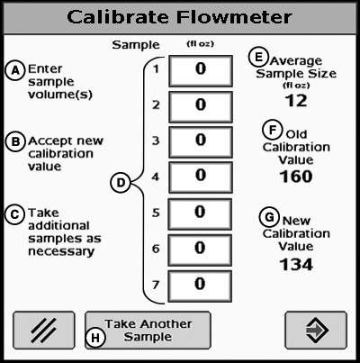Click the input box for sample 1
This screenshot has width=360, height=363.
pyautogui.click(x=201, y=71)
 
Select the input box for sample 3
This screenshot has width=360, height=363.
pyautogui.click(x=201, y=142)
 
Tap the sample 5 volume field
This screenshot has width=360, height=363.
pyautogui.click(x=200, y=214)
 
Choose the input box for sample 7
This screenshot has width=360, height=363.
pyautogui.click(x=200, y=286)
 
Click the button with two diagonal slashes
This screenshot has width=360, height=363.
pyautogui.click(x=44, y=331)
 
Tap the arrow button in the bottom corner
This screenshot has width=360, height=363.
pyautogui.click(x=316, y=331)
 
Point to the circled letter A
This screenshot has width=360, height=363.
pyautogui.click(x=14, y=70)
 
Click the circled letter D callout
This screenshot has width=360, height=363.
pyautogui.click(x=121, y=183)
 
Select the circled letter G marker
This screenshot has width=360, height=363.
pyautogui.click(x=269, y=217)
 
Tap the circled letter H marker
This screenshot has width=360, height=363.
pyautogui.click(x=95, y=338)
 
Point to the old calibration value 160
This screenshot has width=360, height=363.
pyautogui.click(x=296, y=177)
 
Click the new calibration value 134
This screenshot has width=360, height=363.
pyautogui.click(x=296, y=265)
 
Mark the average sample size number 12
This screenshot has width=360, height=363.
pyautogui.click(x=296, y=101)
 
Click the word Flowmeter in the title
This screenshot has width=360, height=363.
pyautogui.click(x=234, y=17)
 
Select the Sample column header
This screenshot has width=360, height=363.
pyautogui.click(x=136, y=45)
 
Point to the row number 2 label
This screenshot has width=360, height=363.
pyautogui.click(x=156, y=105)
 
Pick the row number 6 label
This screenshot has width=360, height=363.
pyautogui.click(x=156, y=249)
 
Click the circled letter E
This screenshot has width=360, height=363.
pyautogui.click(x=258, y=58)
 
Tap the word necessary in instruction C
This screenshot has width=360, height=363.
pyautogui.click(x=61, y=251)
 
